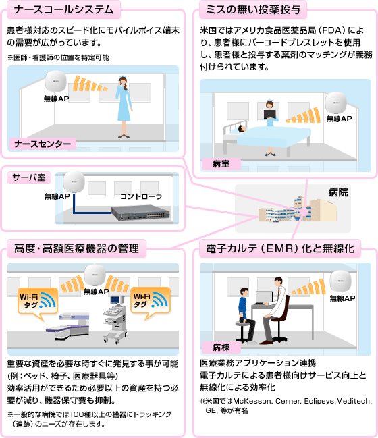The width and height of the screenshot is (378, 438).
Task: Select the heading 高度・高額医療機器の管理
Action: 77,249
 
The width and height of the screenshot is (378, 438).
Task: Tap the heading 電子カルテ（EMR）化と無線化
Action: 277,249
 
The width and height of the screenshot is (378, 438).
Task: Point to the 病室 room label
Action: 221,163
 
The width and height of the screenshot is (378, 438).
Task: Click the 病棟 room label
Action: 221,348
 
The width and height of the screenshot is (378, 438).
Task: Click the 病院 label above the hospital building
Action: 337,192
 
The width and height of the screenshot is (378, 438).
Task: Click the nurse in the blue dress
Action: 123,101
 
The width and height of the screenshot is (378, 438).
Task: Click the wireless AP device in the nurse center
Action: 56,84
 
